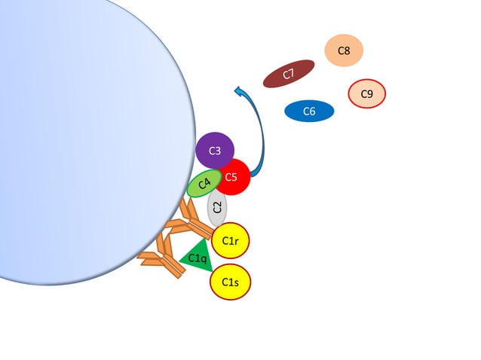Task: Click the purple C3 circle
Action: pos(215,151)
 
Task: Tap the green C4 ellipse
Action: pos(204,183)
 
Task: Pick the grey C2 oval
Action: pos(218,207)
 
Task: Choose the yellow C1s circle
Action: pos(230,282)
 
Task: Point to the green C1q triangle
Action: pos(197,257)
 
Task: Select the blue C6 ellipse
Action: pos(309,111)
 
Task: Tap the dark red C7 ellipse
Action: pos(289,74)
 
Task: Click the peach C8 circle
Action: pos(344,50)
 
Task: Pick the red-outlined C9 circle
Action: pos(367,94)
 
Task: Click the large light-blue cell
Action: pos(83,136)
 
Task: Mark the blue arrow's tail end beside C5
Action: pos(253,175)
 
